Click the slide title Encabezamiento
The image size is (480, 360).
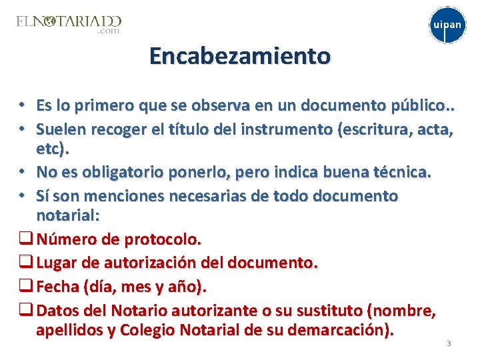click(x=240, y=56)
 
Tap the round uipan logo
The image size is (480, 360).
click(x=446, y=25)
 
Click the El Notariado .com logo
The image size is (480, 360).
click(x=69, y=25)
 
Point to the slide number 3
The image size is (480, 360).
click(x=449, y=343)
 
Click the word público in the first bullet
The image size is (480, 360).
click(x=416, y=105)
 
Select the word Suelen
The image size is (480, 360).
click(x=60, y=128)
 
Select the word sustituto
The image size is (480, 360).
click(x=327, y=311)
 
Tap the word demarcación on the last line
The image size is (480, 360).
click(x=344, y=329)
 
